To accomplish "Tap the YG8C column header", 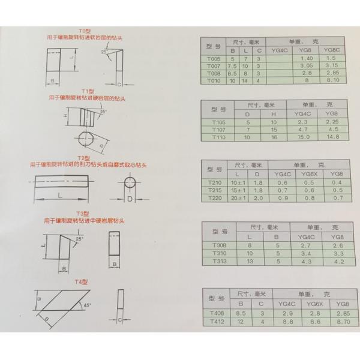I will (x=331, y=50).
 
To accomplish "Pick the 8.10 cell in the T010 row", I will (x=331, y=80).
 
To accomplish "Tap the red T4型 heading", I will (x=81, y=281).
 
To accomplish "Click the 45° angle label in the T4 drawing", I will (x=88, y=305).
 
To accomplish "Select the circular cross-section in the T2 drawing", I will (x=131, y=182).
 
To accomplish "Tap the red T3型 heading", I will (x=82, y=214).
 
